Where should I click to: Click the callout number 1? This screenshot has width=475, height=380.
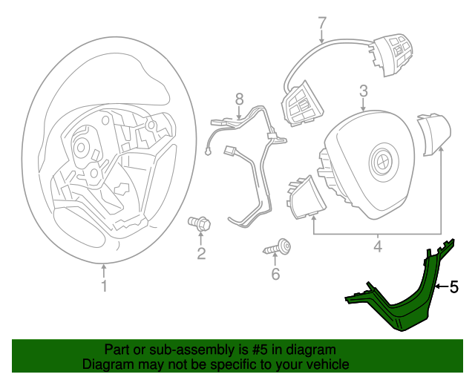coord(104,286)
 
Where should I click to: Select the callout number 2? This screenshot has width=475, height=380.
coord(201,253)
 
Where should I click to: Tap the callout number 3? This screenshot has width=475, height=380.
coord(363,91)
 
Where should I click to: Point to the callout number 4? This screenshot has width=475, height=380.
coord(378,246)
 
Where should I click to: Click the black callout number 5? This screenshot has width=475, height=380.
coord(453,286)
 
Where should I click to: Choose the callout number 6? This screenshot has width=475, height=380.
coord(275,274)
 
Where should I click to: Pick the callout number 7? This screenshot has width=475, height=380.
coord(322,23)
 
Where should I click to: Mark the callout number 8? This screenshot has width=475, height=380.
coord(239,99)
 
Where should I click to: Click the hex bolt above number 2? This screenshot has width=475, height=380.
coord(199,224)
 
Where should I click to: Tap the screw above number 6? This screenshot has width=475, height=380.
coord(277,246)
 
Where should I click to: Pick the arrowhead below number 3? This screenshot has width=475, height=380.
coord(363,108)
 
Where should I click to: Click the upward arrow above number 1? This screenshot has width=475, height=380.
coord(104,271)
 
